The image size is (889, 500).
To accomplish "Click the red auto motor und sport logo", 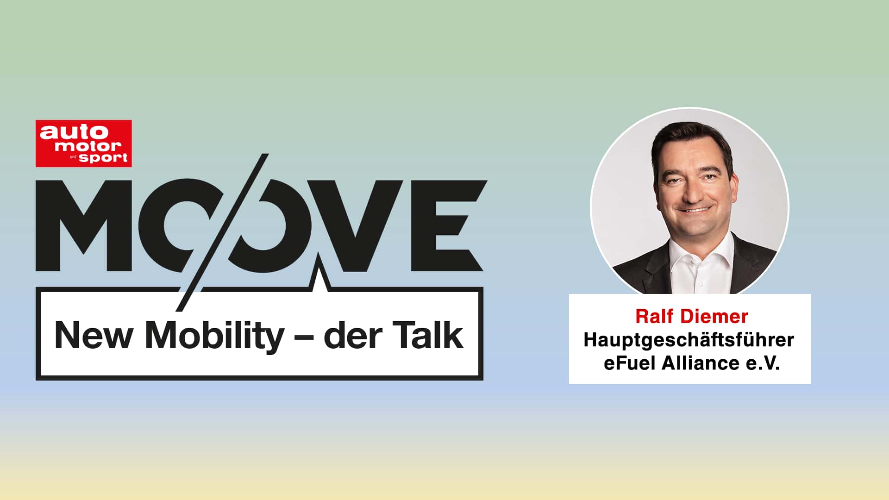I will coord(84,144).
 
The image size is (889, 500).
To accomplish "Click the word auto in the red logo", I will coord(74,132).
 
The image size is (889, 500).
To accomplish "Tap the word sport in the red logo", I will coord(103,157).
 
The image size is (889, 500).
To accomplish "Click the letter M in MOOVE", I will coord(84,225).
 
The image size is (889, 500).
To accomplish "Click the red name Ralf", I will coord(654,317).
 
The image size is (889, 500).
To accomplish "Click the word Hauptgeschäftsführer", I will coord(689,340).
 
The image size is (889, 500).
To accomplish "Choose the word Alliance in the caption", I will coord(700,363).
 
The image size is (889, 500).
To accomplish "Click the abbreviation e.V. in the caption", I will coord(763,363).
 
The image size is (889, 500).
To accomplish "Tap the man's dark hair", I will coord(690,137).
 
